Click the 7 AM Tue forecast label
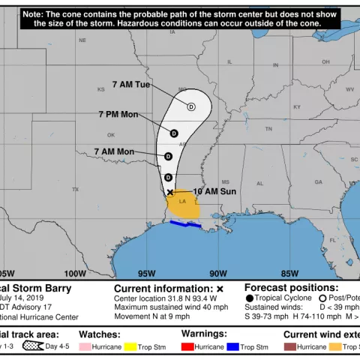[x=131, y=84]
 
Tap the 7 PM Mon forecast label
[x=118, y=114]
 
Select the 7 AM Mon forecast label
[x=114, y=151]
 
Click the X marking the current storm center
[x=170, y=193]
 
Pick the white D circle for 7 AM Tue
[x=191, y=107]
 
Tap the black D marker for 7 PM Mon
[x=174, y=133]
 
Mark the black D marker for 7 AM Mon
[x=169, y=157]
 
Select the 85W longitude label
[x=289, y=273]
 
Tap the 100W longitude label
[x=75, y=273]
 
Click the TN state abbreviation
[x=268, y=129]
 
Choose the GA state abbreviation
[x=318, y=182]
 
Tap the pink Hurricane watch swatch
[x=85, y=347]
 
